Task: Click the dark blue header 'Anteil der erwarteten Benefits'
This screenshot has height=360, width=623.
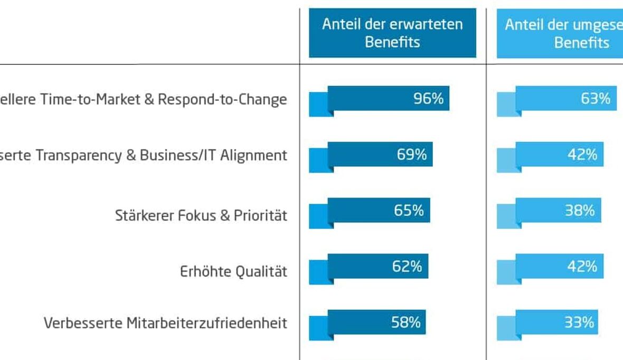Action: [392, 33]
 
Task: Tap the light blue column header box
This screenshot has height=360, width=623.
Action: [560, 33]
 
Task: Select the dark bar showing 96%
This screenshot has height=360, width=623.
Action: [388, 98]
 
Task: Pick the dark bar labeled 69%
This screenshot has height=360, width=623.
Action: [380, 154]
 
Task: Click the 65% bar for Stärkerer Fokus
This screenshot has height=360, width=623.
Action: [379, 210]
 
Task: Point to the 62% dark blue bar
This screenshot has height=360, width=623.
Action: [377, 266]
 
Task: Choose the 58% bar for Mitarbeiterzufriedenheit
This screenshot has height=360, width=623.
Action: [376, 322]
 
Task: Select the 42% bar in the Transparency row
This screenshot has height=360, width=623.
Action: [559, 154]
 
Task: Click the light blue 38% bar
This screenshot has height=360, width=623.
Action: [558, 210]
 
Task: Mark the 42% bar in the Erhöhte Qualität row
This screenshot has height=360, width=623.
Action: [559, 266]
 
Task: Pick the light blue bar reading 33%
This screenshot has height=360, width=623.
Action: [556, 322]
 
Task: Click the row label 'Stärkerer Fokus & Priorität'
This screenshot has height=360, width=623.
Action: [201, 215]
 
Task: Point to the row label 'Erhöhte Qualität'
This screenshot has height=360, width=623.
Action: [233, 271]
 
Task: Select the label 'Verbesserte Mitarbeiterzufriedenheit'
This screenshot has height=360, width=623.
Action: [165, 323]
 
